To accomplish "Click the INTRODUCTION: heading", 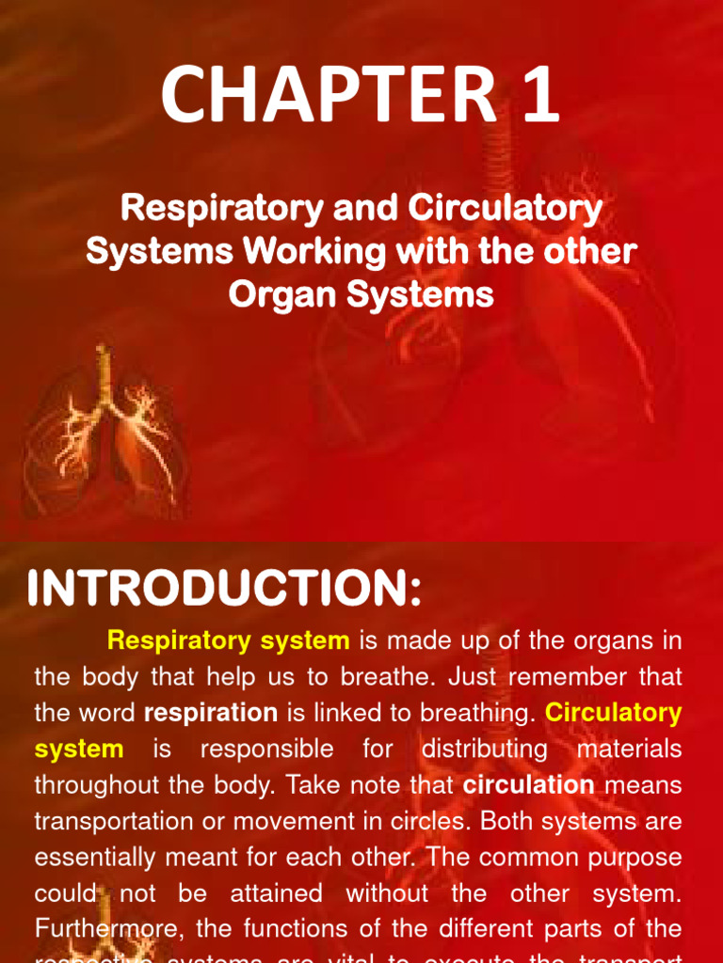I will click(x=225, y=591).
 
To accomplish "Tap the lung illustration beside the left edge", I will click(x=104, y=433).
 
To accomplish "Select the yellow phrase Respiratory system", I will click(x=229, y=641).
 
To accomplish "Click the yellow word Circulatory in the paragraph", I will click(x=614, y=713).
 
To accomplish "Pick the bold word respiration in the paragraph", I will click(x=210, y=713).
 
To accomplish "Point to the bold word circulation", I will click(x=529, y=784).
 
